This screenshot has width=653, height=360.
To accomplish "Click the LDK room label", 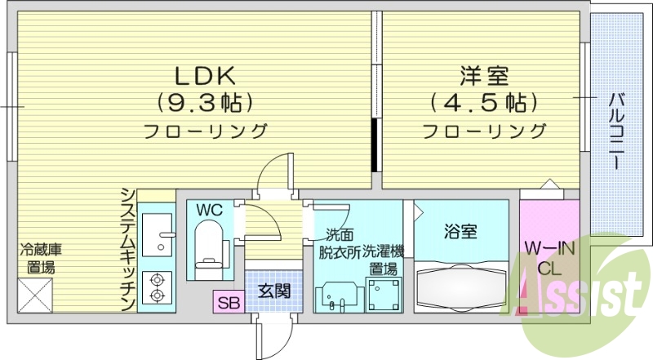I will (204, 76).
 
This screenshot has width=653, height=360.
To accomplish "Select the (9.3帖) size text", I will (204, 103).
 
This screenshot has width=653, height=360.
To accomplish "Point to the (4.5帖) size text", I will (482, 103).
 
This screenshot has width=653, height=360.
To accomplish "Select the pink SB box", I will (229, 303).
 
